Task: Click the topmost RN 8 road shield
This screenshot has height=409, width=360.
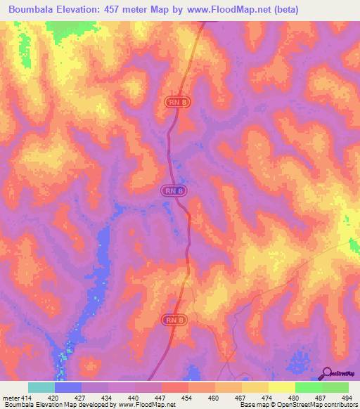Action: click(x=177, y=103)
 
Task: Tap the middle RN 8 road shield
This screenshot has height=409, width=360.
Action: click(x=173, y=190)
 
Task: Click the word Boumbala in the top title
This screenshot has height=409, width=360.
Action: click(x=32, y=10)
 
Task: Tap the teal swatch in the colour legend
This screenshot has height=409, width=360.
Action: click(x=41, y=387)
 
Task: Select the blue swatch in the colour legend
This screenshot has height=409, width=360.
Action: click(x=67, y=387)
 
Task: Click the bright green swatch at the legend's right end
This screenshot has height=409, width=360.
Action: click(x=335, y=387)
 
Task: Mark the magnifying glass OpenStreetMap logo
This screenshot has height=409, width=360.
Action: click(x=326, y=373)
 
